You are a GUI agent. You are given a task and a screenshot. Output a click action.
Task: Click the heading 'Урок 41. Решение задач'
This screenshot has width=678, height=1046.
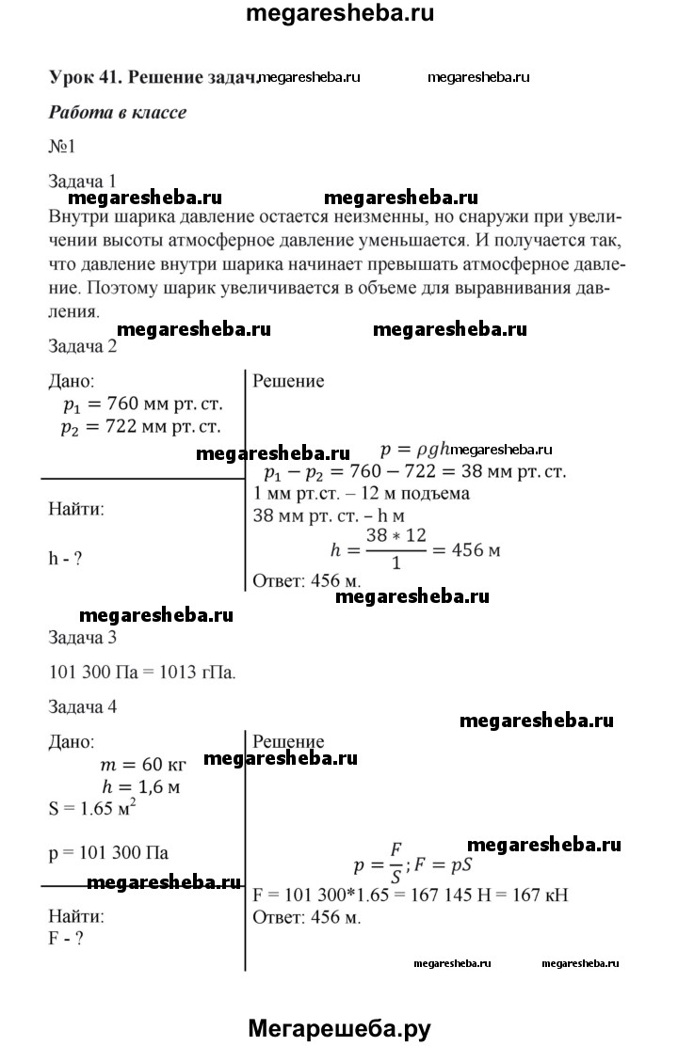pos(152,79)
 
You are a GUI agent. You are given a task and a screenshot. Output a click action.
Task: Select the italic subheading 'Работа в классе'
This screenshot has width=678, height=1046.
pos(117,113)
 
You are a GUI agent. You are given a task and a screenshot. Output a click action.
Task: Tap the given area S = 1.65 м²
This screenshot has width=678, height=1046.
pos(95,807)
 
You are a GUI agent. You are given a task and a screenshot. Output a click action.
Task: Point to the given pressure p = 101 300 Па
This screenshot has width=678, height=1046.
pos(108,852)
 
